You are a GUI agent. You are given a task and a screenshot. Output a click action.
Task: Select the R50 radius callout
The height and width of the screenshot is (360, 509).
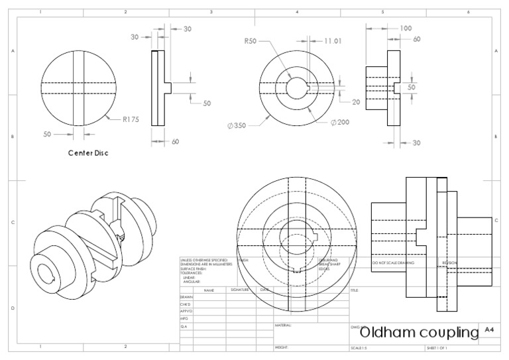coord(250,41)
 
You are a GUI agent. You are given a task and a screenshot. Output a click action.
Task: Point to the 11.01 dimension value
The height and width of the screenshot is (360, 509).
coord(333,41)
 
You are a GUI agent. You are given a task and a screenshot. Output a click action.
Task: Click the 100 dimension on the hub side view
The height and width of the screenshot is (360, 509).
coord(406,28)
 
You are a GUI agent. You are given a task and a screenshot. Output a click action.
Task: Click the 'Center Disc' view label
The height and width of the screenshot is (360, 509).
coord(88,153)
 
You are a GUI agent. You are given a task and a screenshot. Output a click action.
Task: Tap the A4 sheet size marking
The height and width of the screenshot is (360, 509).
coord(490,330)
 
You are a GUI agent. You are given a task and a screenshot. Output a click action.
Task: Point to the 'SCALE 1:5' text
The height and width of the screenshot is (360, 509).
coord(361,347)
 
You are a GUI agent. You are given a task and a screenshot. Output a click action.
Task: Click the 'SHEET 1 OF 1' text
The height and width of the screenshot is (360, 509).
coord(437,347)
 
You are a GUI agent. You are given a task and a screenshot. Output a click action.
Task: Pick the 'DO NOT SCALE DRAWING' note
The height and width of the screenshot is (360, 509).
coord(393,263)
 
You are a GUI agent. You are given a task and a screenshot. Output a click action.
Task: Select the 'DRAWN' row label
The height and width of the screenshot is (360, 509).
coord(187,298)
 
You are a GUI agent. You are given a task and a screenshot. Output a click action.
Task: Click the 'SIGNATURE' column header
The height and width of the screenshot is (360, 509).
coord(240,290)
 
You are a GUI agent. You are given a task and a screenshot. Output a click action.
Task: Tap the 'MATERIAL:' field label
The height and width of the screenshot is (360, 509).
coord(283,326)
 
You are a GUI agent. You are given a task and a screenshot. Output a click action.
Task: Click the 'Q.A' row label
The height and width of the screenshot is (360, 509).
coord(184,326)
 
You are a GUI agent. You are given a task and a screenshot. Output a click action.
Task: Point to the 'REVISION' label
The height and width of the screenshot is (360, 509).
coord(449,263)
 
